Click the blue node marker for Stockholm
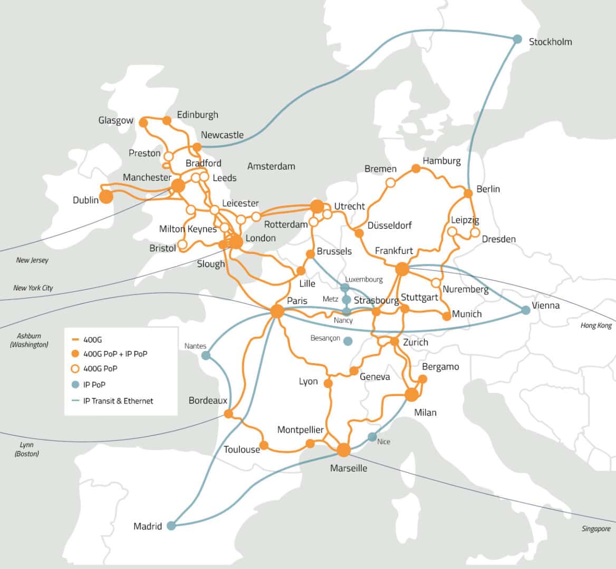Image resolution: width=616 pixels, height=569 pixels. (517, 39)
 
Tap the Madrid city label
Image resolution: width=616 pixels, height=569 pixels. (147, 526)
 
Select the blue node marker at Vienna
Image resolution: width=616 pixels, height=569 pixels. (526, 310)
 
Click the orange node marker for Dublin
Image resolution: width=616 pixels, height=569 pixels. (106, 197)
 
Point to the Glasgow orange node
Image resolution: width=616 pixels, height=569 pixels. (143, 122)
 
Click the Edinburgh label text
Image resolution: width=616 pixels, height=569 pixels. (197, 115)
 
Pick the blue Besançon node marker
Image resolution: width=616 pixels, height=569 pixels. (348, 341)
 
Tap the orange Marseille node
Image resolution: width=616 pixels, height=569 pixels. (343, 450)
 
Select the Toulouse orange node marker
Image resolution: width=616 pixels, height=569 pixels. (264, 446)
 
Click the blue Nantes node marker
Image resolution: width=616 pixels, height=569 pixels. (206, 356)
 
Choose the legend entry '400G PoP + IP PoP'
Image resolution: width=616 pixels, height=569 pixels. (115, 354)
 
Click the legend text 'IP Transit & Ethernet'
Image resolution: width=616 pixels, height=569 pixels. (118, 401)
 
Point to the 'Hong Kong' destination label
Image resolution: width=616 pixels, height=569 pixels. (596, 325)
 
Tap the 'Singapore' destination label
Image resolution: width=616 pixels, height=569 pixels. (596, 528)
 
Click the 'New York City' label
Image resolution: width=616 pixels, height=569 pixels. (33, 288)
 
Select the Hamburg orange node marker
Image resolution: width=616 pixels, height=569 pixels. (416, 168)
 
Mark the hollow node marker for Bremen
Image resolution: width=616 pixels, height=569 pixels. (390, 183)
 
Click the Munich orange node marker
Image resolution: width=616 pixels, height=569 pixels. (446, 316)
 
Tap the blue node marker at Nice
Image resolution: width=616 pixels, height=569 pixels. (372, 437)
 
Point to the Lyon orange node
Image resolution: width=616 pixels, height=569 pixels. (328, 384)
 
